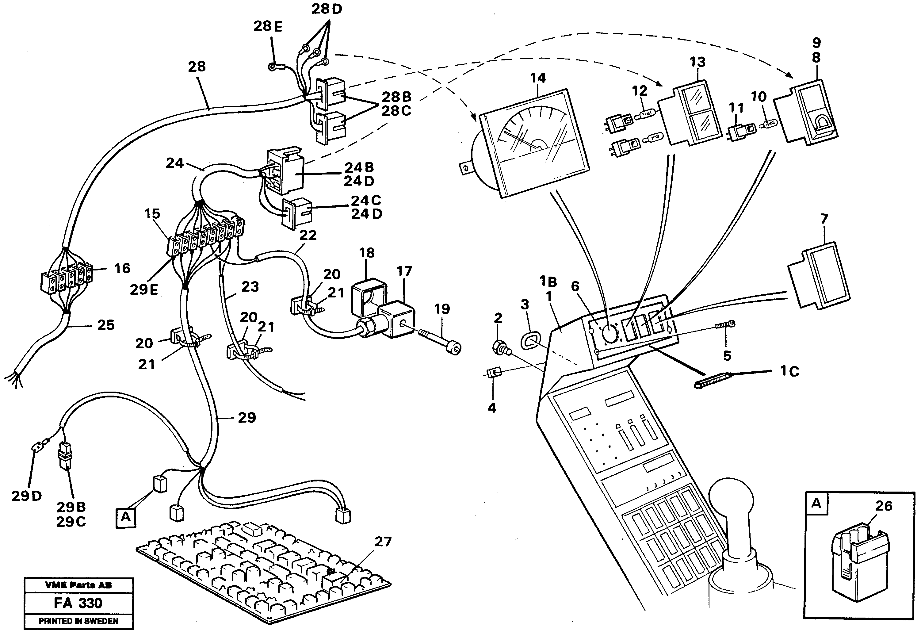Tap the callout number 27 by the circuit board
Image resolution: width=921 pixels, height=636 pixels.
(383, 542)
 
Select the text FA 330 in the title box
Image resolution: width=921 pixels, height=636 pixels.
(78, 603)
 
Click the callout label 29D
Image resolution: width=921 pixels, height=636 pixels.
(26, 496)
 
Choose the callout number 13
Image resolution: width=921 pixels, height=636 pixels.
(697, 62)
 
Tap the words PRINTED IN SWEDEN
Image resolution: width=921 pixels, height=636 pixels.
(78, 621)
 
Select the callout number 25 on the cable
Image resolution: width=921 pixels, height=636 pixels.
(105, 325)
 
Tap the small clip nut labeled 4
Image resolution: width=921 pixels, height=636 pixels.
(492, 373)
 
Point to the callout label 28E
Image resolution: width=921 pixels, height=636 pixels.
(268, 26)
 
